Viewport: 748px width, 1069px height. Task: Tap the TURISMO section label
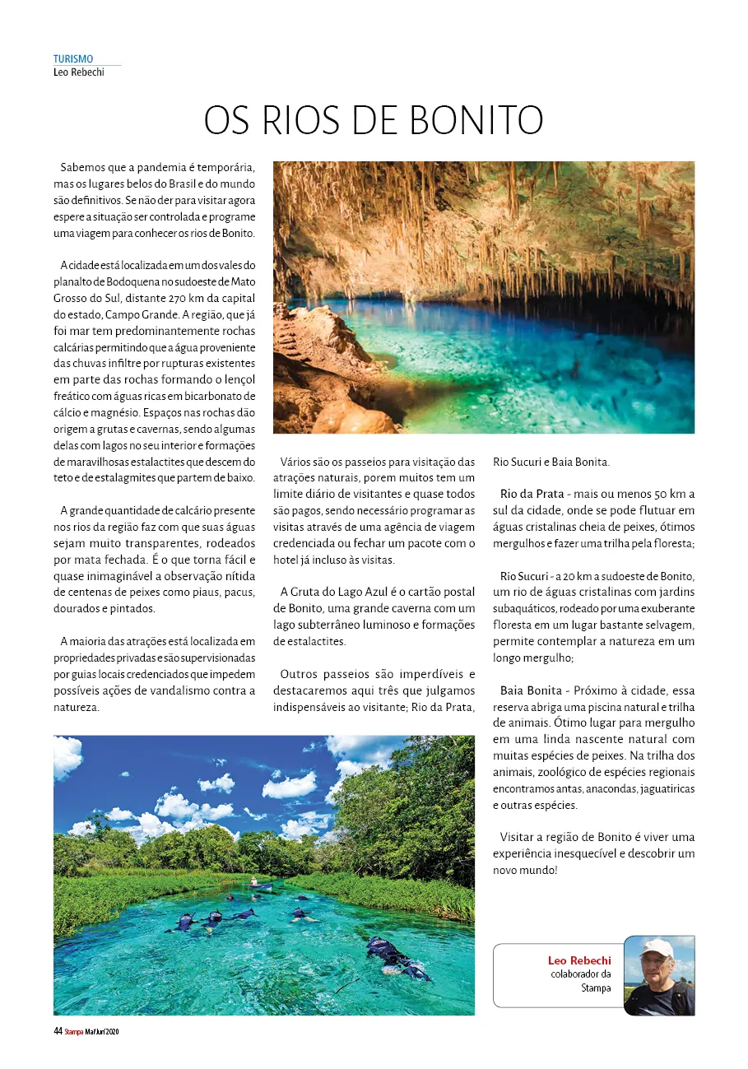73,59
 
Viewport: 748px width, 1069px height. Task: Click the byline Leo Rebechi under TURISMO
78,71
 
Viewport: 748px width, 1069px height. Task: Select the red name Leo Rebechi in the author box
579,960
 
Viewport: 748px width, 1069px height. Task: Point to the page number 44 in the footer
58,1031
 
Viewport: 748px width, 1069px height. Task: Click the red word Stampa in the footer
74,1032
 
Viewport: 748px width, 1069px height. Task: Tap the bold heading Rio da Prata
532,494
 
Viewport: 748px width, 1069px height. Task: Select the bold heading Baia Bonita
531,690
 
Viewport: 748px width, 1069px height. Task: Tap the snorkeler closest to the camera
394,959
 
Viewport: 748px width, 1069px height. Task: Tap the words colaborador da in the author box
580,974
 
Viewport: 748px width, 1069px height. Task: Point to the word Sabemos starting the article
81,167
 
